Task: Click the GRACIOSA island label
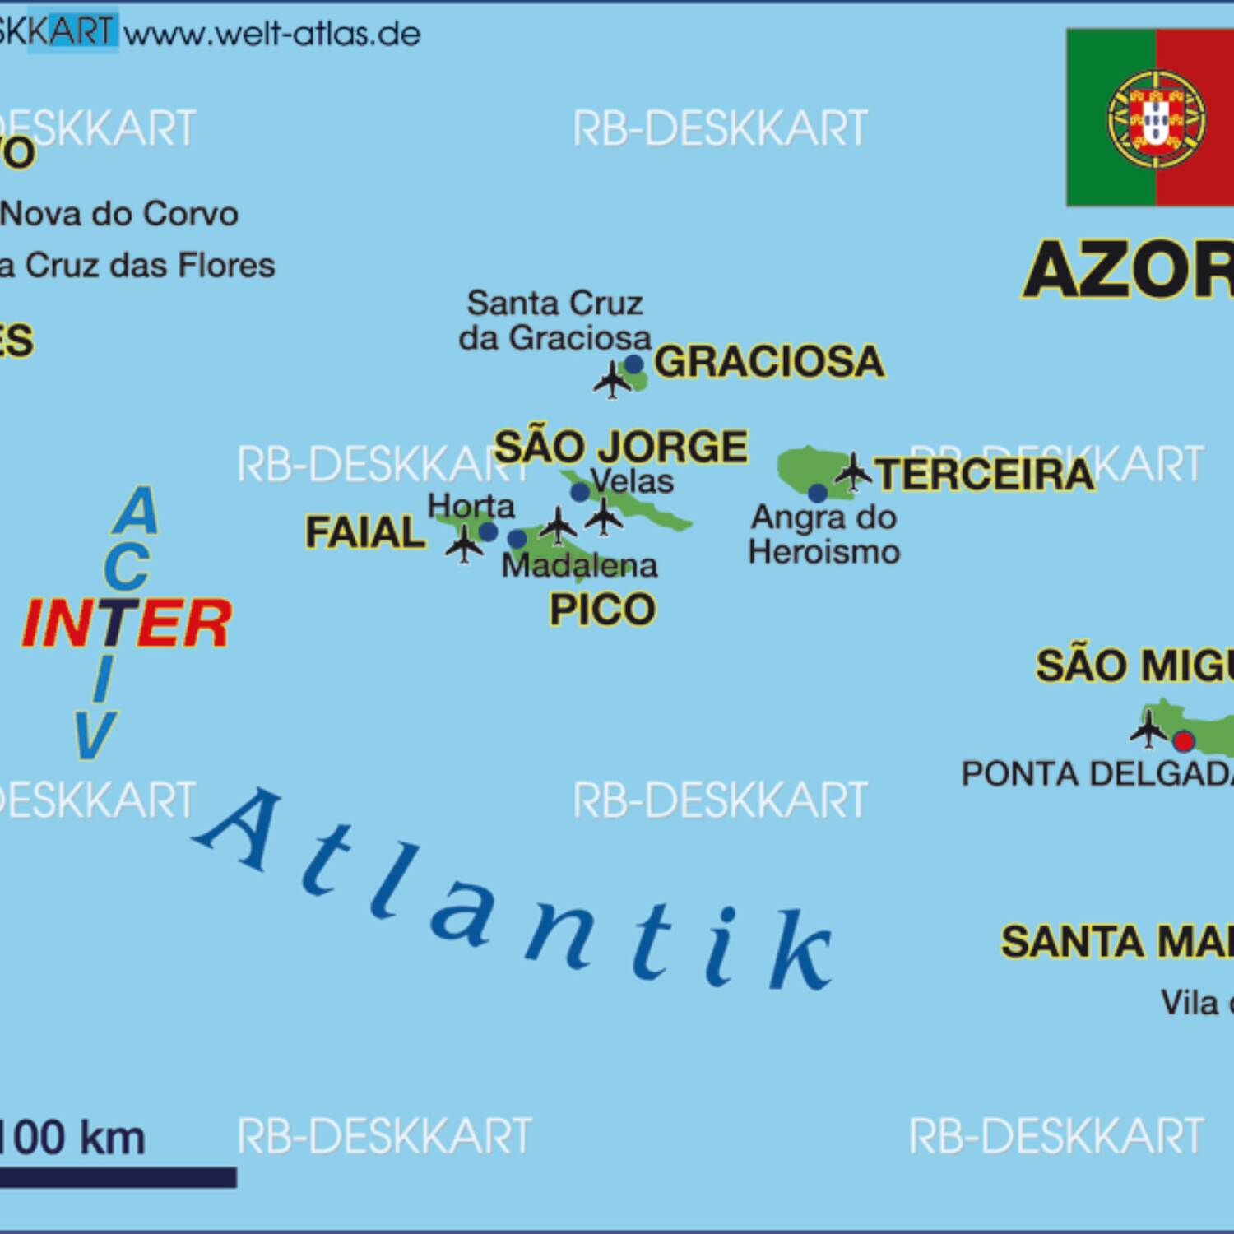769,361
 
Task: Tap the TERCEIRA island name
984,475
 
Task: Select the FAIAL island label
365,532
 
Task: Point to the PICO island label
602,610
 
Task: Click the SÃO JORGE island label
620,447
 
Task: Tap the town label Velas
632,480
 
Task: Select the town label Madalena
580,565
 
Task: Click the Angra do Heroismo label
823,534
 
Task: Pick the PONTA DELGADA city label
1097,774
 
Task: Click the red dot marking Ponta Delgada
1184,741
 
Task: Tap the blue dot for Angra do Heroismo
818,494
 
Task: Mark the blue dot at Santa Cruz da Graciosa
633,364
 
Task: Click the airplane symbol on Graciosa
613,380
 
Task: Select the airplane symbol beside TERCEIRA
853,471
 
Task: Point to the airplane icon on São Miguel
1148,728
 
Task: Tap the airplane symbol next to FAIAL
465,544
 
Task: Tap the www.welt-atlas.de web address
272,35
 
